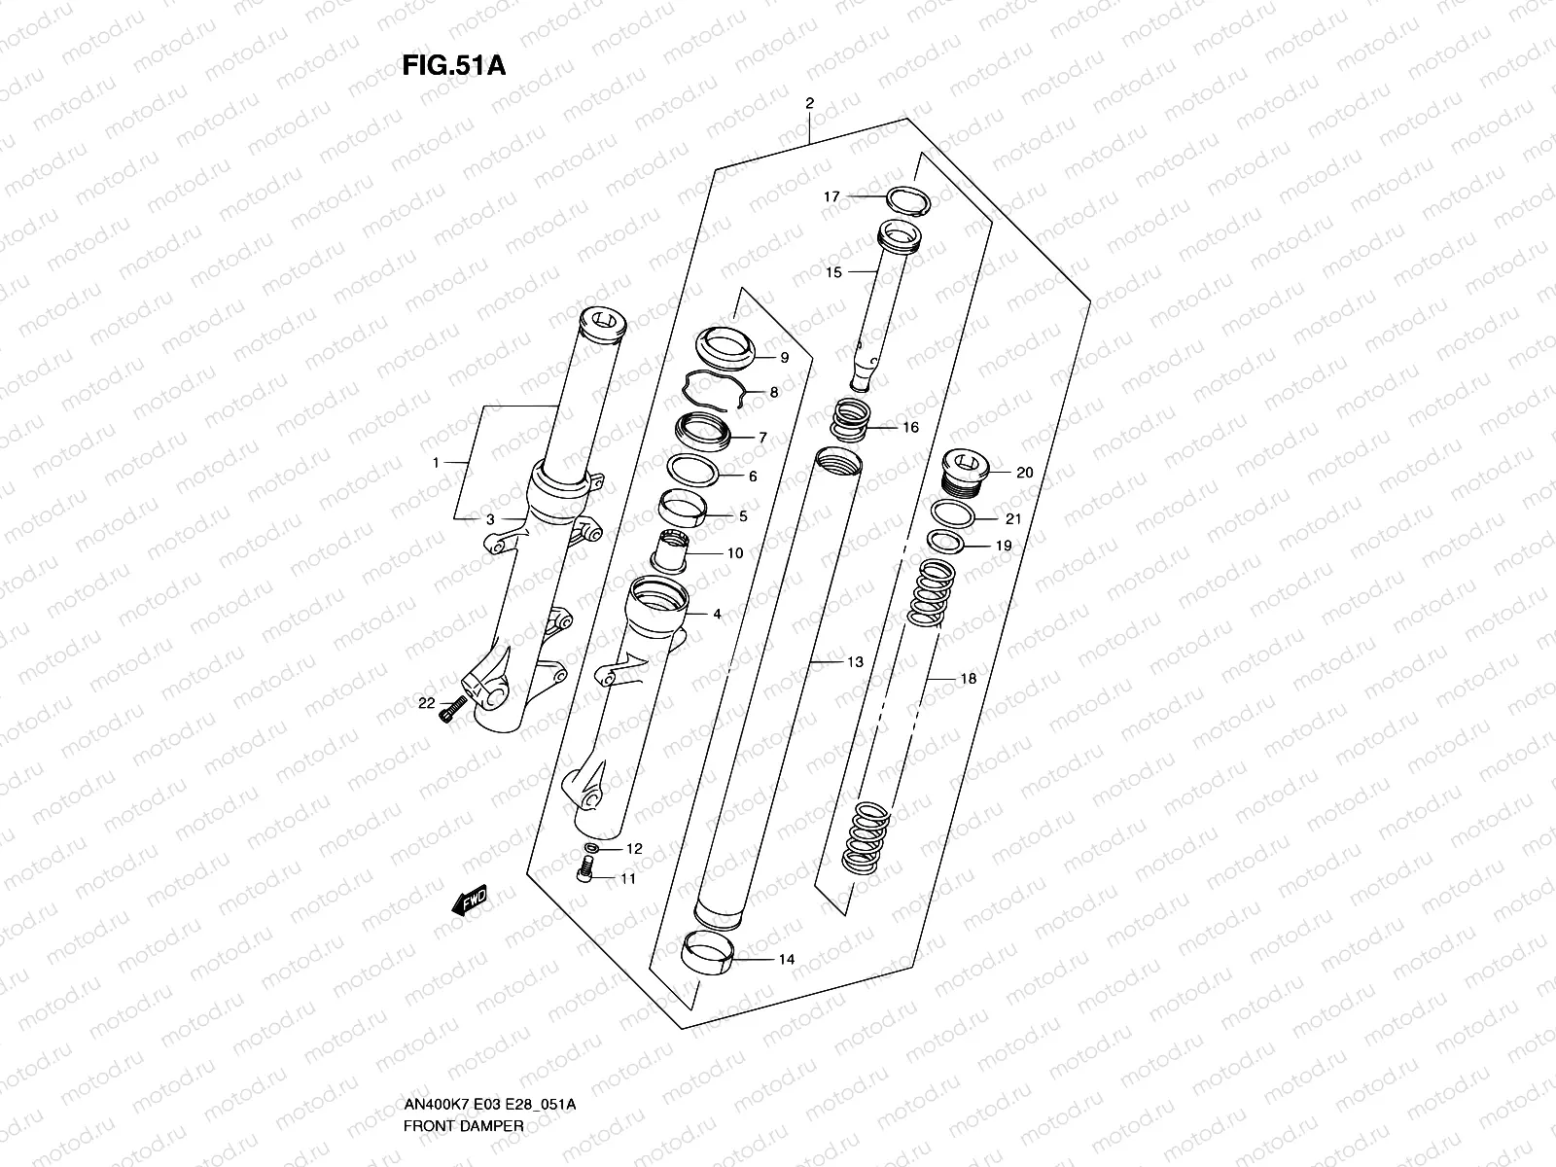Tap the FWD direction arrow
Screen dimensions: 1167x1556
tap(470, 902)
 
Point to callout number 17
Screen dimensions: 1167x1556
tap(831, 196)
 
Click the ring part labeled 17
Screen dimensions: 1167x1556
tap(910, 199)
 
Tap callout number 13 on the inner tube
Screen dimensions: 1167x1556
tap(855, 662)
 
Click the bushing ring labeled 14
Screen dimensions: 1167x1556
tap(707, 950)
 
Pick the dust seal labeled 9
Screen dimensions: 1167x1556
tap(727, 349)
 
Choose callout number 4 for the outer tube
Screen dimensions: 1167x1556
tap(717, 615)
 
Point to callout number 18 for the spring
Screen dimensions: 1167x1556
tap(968, 679)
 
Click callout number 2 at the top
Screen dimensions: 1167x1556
tap(809, 103)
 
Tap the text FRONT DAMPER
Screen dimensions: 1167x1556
tap(464, 1044)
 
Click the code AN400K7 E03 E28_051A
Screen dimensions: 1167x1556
tap(489, 1022)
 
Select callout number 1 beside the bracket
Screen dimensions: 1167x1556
tap(437, 462)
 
